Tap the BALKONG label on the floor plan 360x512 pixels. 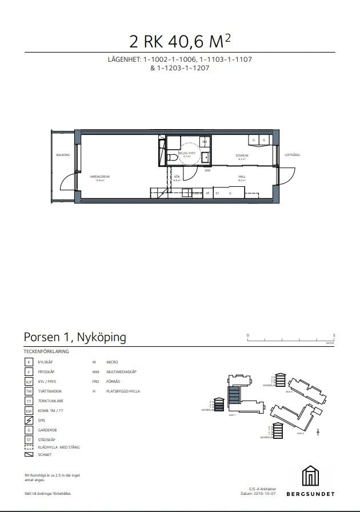point(63,155)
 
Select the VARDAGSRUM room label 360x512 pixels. point(103,177)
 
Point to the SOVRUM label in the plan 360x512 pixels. point(242,155)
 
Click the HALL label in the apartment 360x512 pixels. point(242,177)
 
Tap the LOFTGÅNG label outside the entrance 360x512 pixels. point(293,155)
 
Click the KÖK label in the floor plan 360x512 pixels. point(177,178)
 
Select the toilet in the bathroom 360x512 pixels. point(172,157)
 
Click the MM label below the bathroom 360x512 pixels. point(207,170)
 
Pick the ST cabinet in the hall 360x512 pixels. point(217,194)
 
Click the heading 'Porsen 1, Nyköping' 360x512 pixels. point(75,337)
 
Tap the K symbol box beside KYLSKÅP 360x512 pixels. point(29,362)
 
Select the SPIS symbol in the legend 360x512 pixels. point(29,420)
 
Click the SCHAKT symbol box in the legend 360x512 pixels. point(29,455)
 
